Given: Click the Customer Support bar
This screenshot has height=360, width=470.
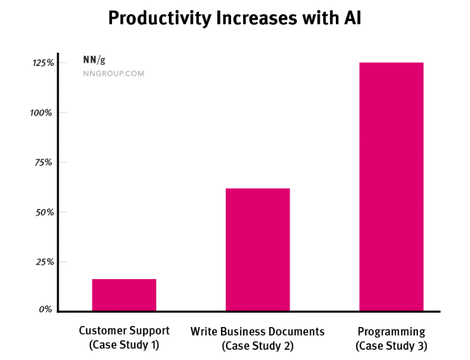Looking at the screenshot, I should click(x=124, y=295).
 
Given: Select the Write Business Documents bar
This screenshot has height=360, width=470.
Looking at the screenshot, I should click(x=257, y=250).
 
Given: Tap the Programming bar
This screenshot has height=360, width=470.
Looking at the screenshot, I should click(x=391, y=186).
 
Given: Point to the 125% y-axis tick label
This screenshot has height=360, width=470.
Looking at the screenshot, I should click(x=43, y=63).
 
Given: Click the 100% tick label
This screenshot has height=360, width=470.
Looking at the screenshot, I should click(x=43, y=113).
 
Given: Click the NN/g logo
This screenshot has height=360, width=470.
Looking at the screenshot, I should click(x=95, y=60).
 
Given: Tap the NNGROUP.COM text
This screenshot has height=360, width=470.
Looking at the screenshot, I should click(x=113, y=74).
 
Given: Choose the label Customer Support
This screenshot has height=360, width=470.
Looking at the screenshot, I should click(x=125, y=331).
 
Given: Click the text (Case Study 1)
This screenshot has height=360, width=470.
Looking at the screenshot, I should click(x=125, y=345).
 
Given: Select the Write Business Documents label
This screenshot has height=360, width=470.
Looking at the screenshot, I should click(x=257, y=331).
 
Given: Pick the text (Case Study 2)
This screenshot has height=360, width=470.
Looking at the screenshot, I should click(x=257, y=346).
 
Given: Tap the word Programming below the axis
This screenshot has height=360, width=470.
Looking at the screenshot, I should click(x=391, y=332).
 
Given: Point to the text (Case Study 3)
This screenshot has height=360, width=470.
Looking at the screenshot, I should click(x=391, y=346).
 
